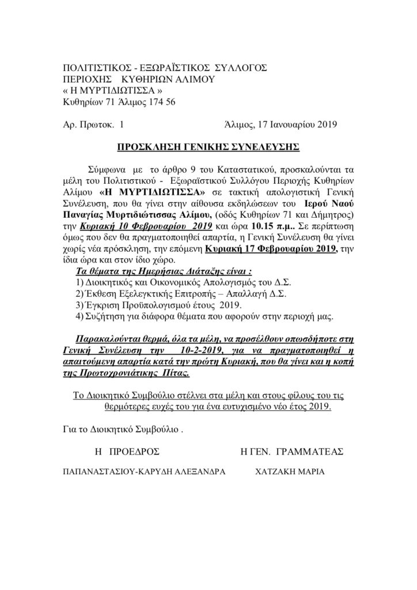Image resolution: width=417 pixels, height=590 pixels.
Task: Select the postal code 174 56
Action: (x=153, y=103)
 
